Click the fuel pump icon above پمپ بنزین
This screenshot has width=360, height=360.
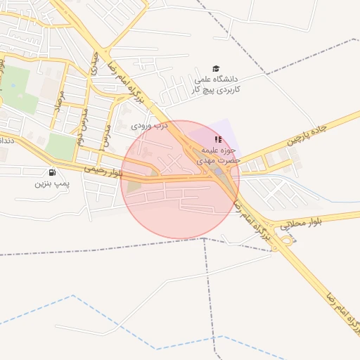(x=51, y=172)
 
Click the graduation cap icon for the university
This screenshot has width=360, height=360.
(x=215, y=68)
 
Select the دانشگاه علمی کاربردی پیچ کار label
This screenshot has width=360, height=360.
(x=215, y=84)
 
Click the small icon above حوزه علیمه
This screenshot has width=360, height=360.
(x=217, y=139)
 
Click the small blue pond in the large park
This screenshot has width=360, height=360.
(x=13, y=86)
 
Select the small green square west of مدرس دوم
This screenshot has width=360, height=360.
(x=61, y=146)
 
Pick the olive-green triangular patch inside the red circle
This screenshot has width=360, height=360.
(x=134, y=186)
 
